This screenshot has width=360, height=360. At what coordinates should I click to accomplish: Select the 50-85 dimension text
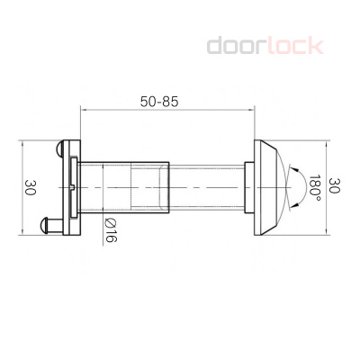coord(159,102)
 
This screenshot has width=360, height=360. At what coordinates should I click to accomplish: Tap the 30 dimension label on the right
coord(335,186)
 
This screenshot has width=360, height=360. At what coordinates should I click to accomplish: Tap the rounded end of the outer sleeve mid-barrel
coord(166,187)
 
